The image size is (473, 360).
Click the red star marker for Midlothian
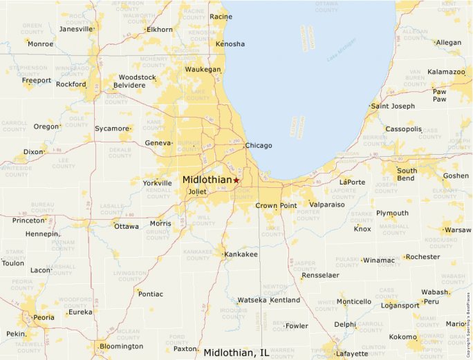(x=236, y=180)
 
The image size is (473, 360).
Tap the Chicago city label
(x=259, y=146)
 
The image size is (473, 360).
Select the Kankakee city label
(x=241, y=255)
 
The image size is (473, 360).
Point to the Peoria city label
(x=44, y=318)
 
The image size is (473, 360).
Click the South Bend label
(x=407, y=174)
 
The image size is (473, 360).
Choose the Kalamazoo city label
(x=446, y=72)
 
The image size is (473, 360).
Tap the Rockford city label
(x=71, y=84)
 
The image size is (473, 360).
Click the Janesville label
(x=76, y=29)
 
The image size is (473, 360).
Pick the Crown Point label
(x=276, y=206)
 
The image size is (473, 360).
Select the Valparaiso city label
(x=327, y=205)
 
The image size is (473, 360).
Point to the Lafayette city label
(x=351, y=354)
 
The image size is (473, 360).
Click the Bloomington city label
(x=121, y=346)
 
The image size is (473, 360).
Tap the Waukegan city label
(x=203, y=70)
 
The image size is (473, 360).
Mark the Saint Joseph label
(x=393, y=106)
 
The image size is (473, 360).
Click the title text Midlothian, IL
(x=236, y=353)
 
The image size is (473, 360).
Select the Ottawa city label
(x=127, y=227)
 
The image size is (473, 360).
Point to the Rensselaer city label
(x=320, y=275)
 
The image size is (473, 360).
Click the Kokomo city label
(x=403, y=337)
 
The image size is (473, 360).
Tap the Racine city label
(x=221, y=17)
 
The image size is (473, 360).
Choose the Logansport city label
(x=400, y=305)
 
